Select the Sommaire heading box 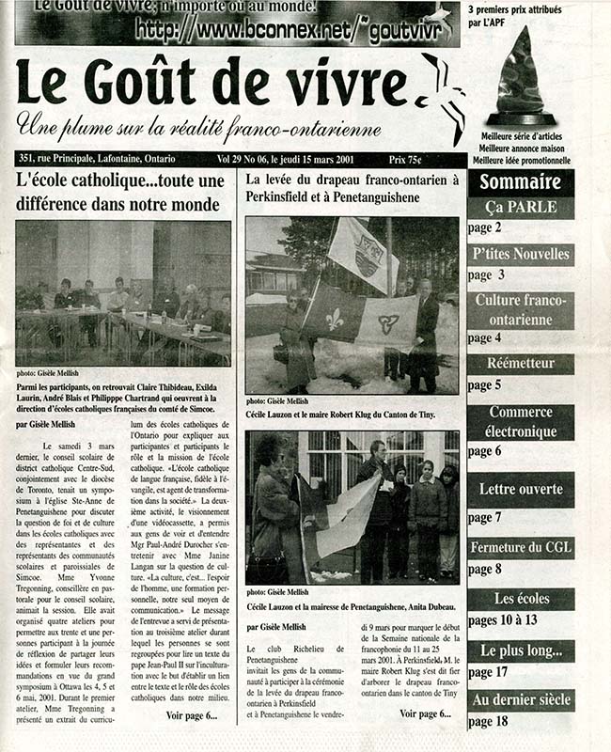(x=521, y=181)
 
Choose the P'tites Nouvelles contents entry (x=521, y=254)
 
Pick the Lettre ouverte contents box (x=521, y=489)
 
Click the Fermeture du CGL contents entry (x=521, y=548)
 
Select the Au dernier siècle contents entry (x=521, y=699)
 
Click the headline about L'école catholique (x=118, y=192)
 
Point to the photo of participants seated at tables (x=123, y=293)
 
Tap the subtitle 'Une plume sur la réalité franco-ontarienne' (x=198, y=126)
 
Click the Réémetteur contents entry (x=521, y=364)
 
